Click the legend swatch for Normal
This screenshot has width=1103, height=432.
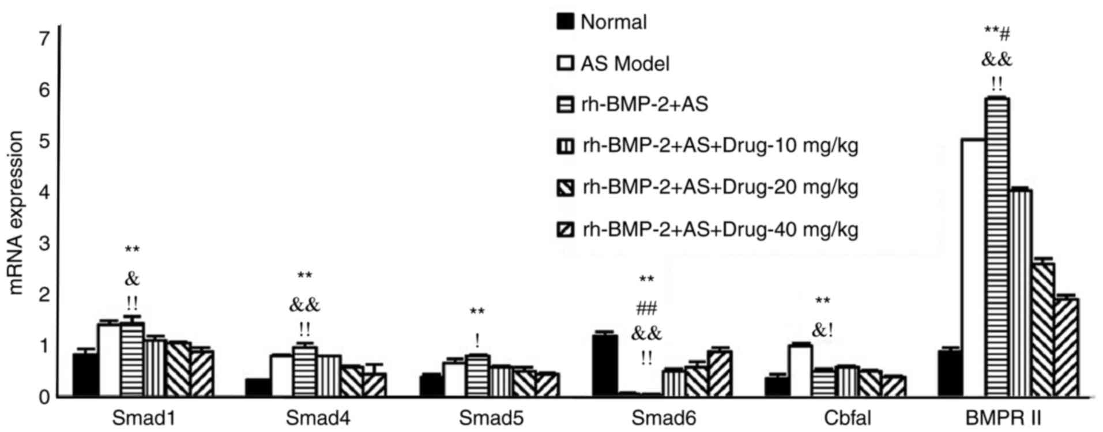566,21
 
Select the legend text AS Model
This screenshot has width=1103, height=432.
625,63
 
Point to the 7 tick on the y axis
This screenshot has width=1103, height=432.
44,39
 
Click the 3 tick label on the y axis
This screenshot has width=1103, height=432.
44,243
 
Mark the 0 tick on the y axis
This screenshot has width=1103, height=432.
44,397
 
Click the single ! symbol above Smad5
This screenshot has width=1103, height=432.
477,340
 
